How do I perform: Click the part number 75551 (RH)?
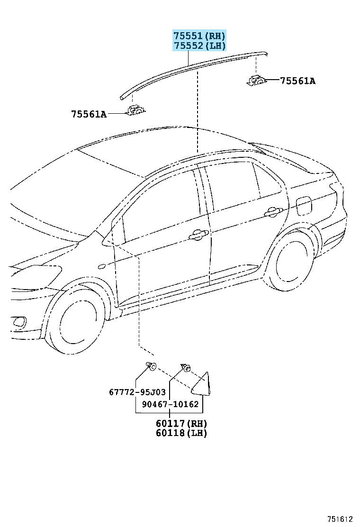click(x=199, y=36)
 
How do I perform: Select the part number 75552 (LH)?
click(x=199, y=45)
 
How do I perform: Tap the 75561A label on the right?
click(x=298, y=81)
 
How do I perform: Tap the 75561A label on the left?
click(x=89, y=114)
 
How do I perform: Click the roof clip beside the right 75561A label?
click(x=257, y=81)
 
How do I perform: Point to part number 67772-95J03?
click(x=137, y=392)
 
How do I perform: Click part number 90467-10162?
click(x=170, y=404)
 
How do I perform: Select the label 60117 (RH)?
click(x=181, y=424)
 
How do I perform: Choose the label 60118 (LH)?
click(x=181, y=433)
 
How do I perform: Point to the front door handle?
click(x=199, y=236)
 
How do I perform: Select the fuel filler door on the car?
click(x=304, y=205)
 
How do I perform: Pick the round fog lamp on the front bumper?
click(x=19, y=322)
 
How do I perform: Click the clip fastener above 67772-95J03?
click(x=151, y=366)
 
